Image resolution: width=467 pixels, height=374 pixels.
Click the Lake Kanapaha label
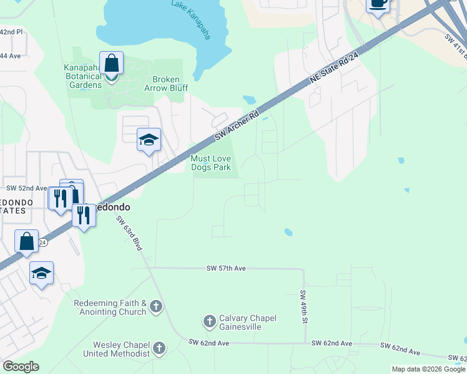(191, 19)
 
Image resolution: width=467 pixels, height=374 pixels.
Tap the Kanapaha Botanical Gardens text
(82, 76)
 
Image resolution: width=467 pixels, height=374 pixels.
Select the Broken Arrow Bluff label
(166, 84)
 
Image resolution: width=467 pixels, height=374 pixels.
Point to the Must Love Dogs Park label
(211, 163)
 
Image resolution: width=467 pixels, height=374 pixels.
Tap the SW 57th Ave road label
(226, 268)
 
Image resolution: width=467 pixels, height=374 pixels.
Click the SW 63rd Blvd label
(129, 234)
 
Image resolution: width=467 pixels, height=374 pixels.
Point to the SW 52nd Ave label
(27, 188)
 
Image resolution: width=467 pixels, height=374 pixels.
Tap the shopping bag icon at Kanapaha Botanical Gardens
(111, 64)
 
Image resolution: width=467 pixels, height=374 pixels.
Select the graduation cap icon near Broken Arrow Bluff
(149, 140)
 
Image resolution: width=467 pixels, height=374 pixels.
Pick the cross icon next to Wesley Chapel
(159, 348)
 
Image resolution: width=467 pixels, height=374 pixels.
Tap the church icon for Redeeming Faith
(156, 307)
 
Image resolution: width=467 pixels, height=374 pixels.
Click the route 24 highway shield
(42, 242)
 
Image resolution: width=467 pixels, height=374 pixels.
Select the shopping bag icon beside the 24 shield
(27, 242)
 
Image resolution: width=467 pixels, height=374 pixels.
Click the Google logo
(21, 367)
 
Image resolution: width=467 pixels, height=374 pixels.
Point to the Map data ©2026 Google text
(427, 369)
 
